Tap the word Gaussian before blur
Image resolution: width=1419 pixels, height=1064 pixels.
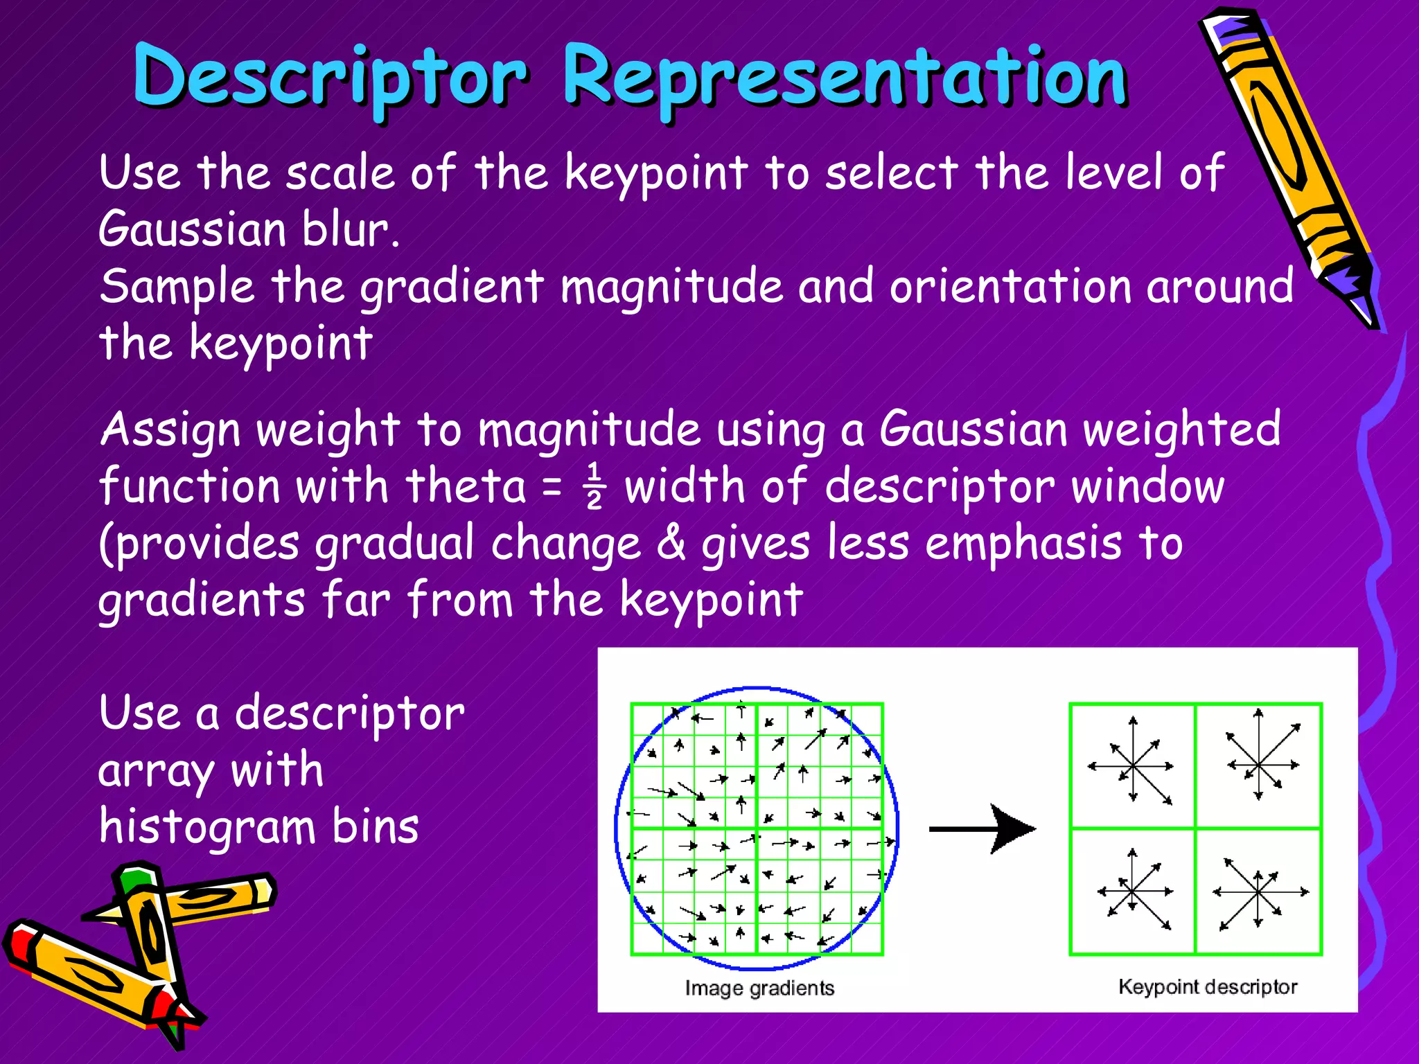(192, 229)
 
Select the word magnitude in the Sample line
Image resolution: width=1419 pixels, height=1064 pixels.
(671, 287)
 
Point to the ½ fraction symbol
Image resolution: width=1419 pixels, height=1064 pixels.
(594, 487)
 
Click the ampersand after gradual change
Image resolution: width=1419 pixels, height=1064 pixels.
(670, 544)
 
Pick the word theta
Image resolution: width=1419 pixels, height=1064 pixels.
(466, 486)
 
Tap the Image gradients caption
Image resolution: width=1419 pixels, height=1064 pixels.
(759, 988)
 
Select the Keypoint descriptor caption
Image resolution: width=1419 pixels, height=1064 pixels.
(1208, 986)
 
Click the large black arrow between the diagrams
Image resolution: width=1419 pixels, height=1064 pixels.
(984, 828)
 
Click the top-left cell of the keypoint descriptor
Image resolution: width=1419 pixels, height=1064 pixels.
(1132, 765)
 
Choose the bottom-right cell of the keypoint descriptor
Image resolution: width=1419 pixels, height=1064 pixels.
(1258, 892)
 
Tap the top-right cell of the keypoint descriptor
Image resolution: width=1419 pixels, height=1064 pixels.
(1258, 765)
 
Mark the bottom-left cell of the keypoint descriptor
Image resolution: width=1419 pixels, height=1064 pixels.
(1132, 892)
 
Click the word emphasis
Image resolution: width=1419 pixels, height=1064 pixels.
(1023, 544)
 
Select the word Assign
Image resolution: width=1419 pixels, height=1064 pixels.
(170, 431)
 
